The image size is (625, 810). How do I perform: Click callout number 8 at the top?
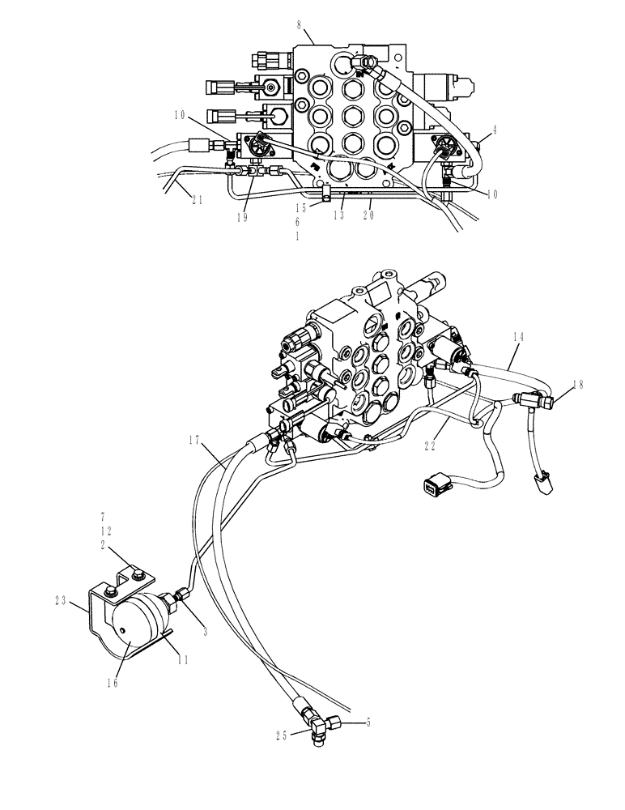300,26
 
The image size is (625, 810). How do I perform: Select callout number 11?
183,660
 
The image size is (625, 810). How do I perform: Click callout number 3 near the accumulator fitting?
206,632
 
